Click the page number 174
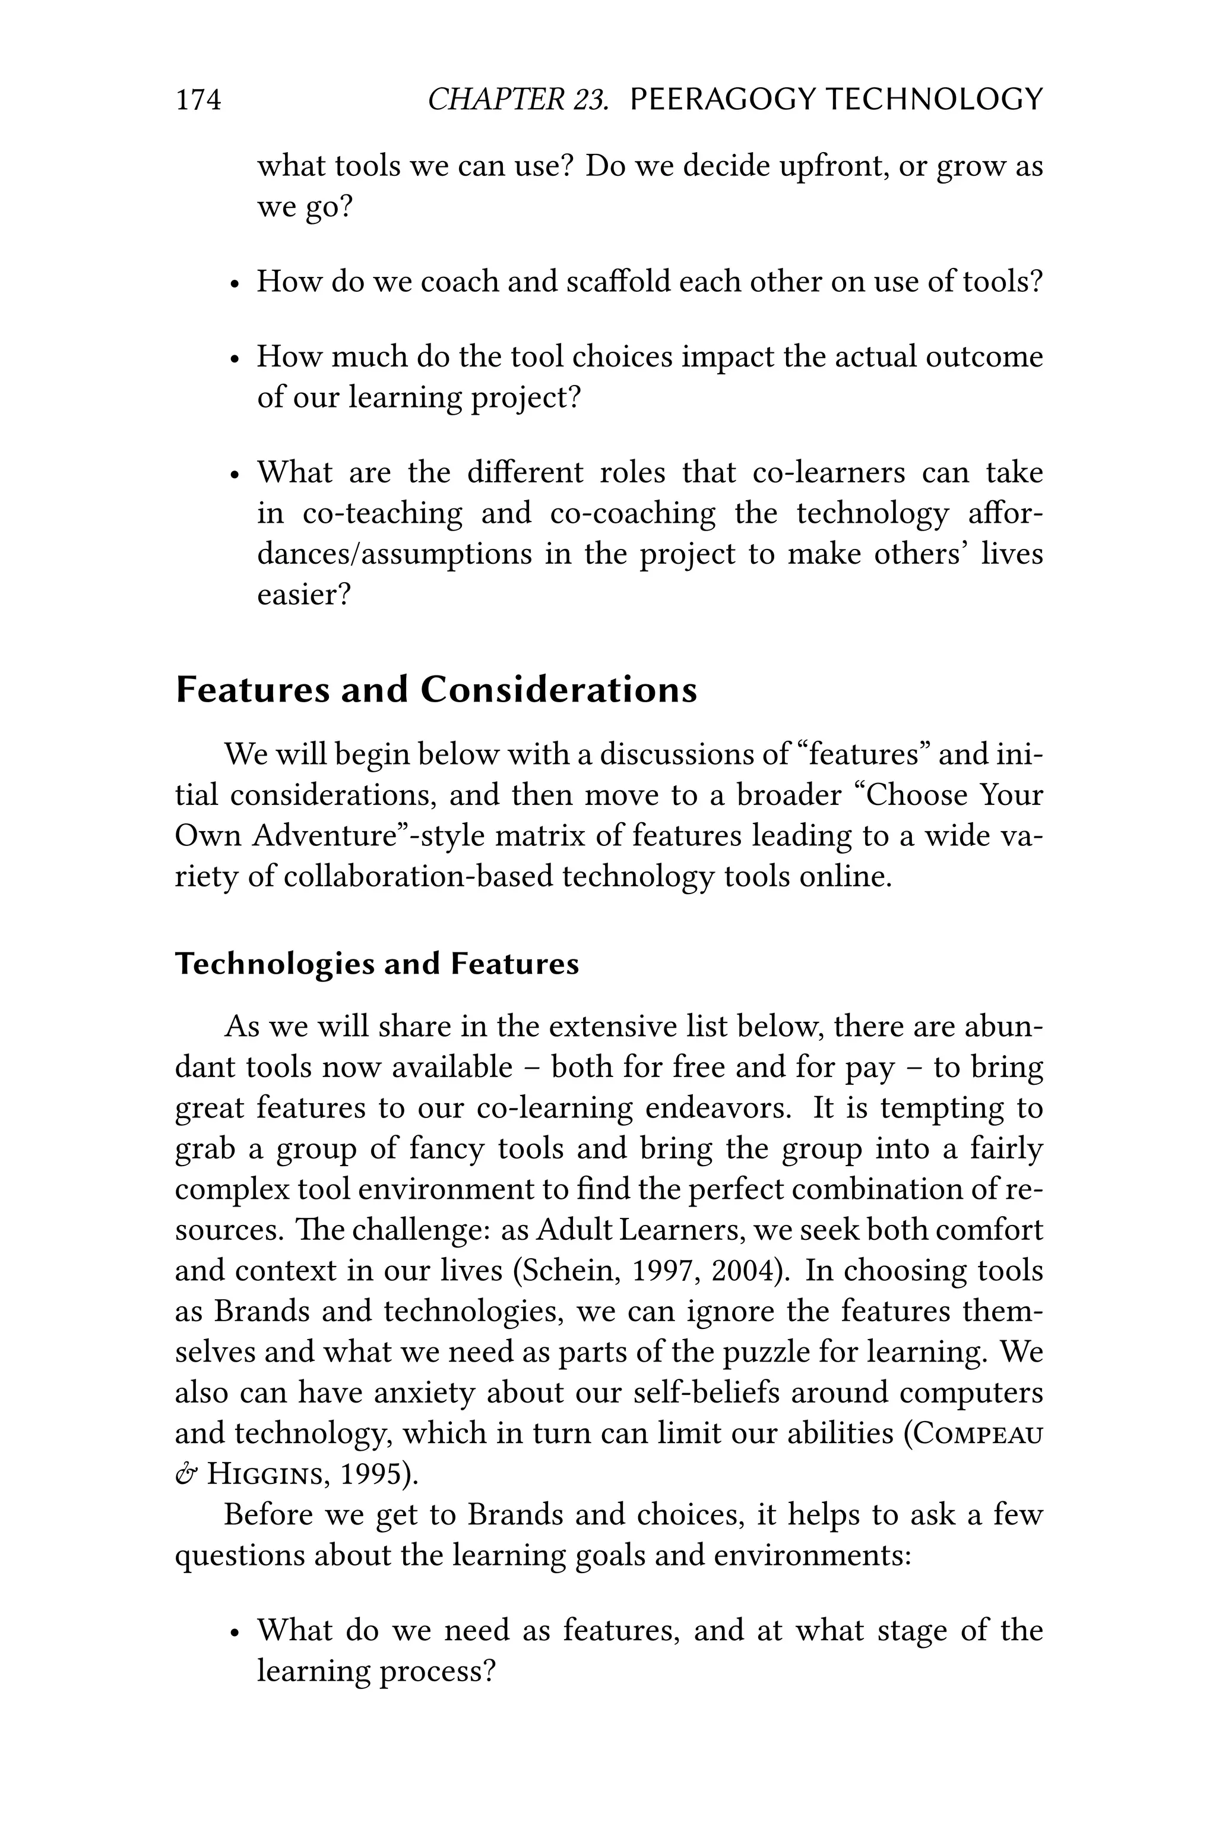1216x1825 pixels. [x=198, y=100]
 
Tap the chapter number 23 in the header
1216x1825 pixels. [x=591, y=100]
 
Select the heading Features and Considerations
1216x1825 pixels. [x=436, y=689]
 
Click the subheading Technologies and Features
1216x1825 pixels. [x=377, y=964]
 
